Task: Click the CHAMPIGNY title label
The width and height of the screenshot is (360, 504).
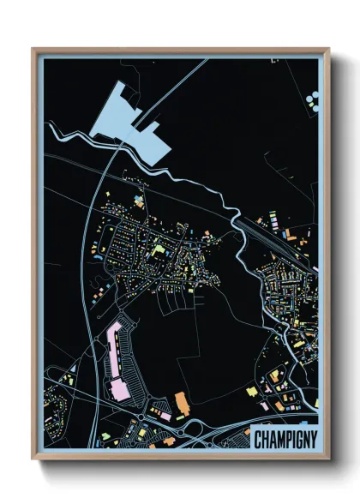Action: [284, 439]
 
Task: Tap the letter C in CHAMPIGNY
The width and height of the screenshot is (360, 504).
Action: [259, 439]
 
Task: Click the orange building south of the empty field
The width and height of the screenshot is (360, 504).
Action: [181, 400]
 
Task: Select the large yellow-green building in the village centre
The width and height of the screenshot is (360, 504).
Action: [159, 251]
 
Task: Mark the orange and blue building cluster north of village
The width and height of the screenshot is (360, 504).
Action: [137, 202]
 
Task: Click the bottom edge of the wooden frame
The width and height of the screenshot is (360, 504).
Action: [180, 460]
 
